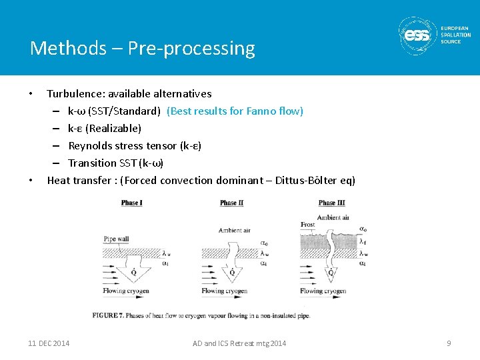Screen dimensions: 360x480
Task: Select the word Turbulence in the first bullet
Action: coord(73,94)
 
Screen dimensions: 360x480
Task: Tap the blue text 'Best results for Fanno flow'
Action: coord(235,111)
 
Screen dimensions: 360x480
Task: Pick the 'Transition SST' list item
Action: coord(115,163)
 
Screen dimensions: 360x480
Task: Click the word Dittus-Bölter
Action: coord(297,181)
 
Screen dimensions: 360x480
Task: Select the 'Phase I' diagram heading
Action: coord(131,203)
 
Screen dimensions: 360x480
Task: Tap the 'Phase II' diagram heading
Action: coord(231,203)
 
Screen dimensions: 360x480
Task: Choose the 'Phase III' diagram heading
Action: coord(331,203)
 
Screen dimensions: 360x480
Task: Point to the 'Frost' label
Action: coord(307,225)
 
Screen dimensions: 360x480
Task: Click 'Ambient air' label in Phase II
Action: coord(234,231)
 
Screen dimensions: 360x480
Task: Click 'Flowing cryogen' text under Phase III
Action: coord(323,291)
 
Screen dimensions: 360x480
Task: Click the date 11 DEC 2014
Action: coord(49,343)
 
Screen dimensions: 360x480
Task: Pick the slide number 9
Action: coord(449,343)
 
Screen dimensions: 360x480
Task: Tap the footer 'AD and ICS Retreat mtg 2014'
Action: coord(239,343)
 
